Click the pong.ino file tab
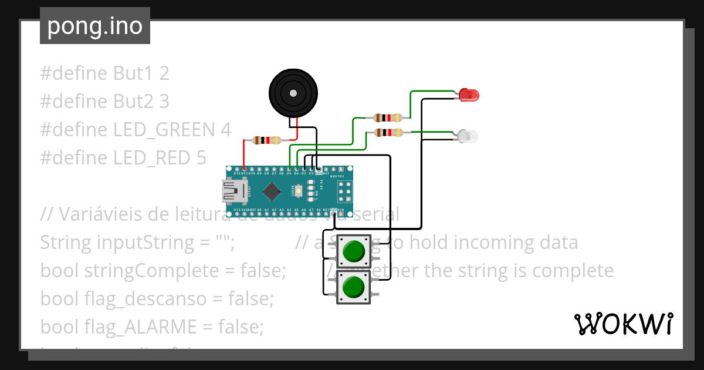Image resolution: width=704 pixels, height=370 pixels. (x=94, y=26)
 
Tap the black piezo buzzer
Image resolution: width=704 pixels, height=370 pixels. (x=293, y=92)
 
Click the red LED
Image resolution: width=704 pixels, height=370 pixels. (x=469, y=94)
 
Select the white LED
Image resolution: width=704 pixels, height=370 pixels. (x=469, y=137)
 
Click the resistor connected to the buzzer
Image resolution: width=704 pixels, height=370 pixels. (x=266, y=140)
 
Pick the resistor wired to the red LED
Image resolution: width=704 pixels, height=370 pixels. (x=388, y=118)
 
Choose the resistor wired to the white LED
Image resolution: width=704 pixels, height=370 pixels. (x=388, y=132)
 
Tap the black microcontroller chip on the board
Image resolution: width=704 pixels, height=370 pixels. (x=272, y=191)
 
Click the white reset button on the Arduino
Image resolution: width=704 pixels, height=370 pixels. (x=299, y=191)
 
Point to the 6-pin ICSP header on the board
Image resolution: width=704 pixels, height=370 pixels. (x=344, y=191)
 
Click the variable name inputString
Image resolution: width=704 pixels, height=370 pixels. (x=141, y=243)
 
